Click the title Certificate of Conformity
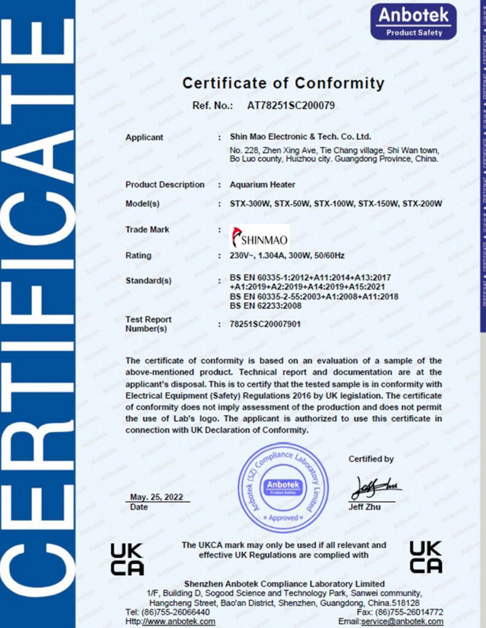283,83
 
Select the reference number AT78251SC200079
291,105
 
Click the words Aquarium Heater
262,185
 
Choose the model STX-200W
422,204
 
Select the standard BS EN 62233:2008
265,305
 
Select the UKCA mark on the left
127,559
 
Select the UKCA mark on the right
425,556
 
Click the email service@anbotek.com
410,621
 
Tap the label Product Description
164,185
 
